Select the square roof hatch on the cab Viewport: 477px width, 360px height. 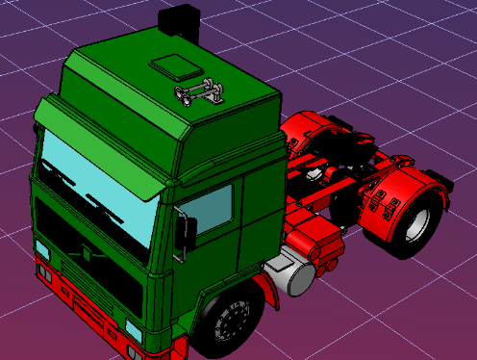(x=174, y=67)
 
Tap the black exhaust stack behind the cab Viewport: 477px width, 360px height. (x=180, y=20)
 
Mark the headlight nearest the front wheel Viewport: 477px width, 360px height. (x=134, y=332)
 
